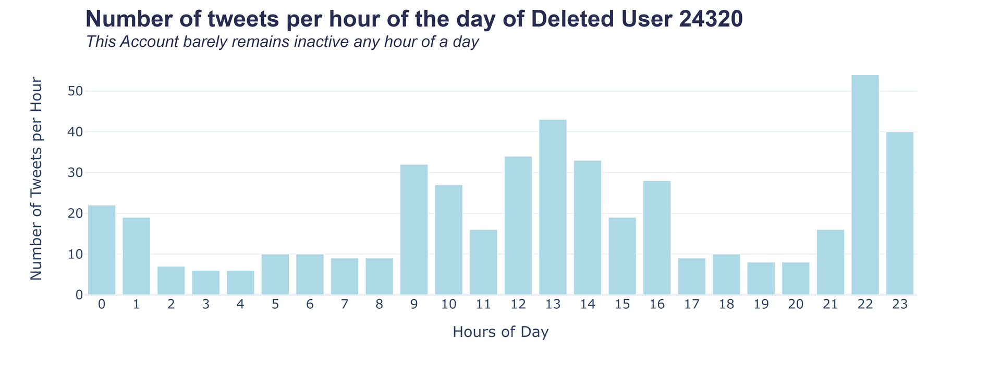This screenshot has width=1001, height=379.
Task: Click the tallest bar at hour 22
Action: coord(865,185)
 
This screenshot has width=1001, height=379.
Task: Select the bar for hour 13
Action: coord(553,207)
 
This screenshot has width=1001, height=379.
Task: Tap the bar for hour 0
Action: coord(102,250)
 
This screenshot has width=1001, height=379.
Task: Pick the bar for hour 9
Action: coord(414,230)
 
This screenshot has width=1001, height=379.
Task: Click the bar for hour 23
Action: coord(900,213)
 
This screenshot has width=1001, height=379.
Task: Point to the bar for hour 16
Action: coord(657,238)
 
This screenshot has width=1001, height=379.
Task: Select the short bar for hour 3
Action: coord(205,283)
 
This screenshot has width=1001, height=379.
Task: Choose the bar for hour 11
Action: coord(483,262)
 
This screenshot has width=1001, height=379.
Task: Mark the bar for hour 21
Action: coord(831,262)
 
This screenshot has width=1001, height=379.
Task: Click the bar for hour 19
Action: coord(761,279)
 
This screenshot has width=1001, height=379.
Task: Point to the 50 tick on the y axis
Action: coord(75,91)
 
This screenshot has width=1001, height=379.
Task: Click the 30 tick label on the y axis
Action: coord(75,173)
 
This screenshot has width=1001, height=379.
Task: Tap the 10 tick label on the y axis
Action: coord(75,255)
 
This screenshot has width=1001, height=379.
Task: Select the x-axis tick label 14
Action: coord(588,305)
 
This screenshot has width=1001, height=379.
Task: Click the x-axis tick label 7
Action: coord(345,305)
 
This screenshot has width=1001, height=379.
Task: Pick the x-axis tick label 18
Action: coord(726,305)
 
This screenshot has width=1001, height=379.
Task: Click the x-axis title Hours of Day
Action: coord(500,332)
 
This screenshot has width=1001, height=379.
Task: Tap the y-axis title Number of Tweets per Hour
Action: coord(36,179)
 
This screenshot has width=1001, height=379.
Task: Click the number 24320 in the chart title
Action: coord(711,19)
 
